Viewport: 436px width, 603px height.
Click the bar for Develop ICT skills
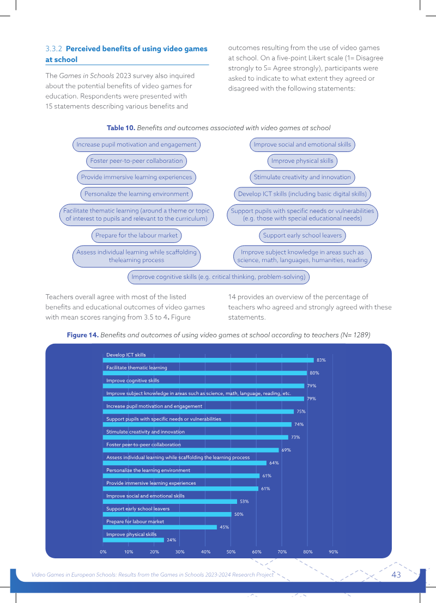click(x=208, y=361)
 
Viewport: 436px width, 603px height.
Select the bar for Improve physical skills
click(x=134, y=540)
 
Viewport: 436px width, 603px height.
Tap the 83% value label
click(x=322, y=361)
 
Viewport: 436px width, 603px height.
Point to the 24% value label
click(x=171, y=540)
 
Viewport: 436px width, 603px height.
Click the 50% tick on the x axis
click(x=231, y=552)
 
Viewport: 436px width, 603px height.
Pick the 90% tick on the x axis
click(x=333, y=552)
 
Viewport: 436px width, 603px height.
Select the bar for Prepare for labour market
click(x=160, y=527)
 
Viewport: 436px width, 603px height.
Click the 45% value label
click(x=225, y=527)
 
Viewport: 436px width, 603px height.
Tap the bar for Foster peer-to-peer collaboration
click(x=191, y=450)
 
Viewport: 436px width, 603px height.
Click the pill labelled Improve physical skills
click(x=302, y=161)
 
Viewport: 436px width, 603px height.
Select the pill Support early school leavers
click(x=302, y=235)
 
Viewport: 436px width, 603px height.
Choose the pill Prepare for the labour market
click(x=137, y=235)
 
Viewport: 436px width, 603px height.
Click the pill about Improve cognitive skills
click(x=219, y=277)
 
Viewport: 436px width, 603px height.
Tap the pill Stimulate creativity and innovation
click(x=302, y=177)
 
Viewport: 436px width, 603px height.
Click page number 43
click(x=396, y=575)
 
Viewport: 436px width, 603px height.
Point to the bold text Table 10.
click(x=121, y=128)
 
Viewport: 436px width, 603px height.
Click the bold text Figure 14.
click(x=83, y=335)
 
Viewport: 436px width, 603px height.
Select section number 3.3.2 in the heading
click(x=53, y=49)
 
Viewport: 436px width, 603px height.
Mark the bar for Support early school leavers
click(x=167, y=514)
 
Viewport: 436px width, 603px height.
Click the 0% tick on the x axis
click(x=103, y=552)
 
